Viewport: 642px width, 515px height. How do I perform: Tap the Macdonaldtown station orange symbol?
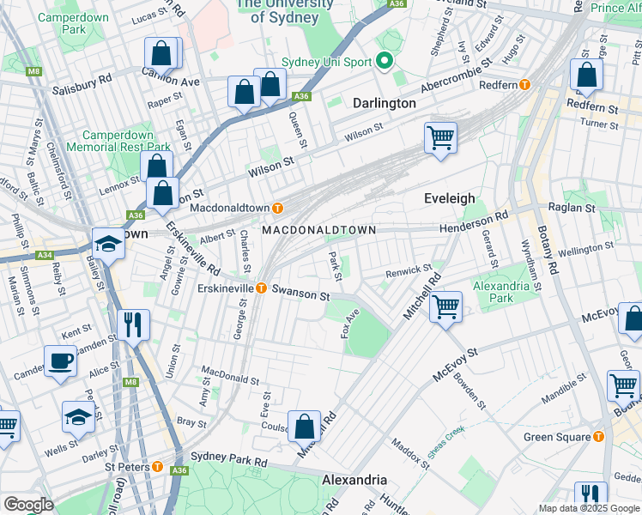pyautogui.click(x=277, y=208)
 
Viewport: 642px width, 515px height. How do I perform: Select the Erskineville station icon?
pyautogui.click(x=261, y=288)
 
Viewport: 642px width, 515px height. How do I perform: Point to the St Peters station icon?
pyautogui.click(x=158, y=466)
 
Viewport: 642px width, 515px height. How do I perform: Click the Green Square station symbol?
pyautogui.click(x=598, y=437)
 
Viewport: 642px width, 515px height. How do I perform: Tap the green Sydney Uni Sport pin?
pyautogui.click(x=385, y=62)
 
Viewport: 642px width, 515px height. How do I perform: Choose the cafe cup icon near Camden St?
pyautogui.click(x=60, y=362)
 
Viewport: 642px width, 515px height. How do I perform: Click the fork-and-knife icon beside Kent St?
pyautogui.click(x=132, y=324)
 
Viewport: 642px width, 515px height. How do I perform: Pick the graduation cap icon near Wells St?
pyautogui.click(x=77, y=417)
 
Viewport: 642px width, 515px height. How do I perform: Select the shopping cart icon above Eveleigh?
pyautogui.click(x=440, y=136)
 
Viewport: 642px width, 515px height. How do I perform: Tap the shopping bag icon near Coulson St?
pyautogui.click(x=305, y=426)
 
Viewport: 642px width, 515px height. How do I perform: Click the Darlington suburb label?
pyautogui.click(x=385, y=103)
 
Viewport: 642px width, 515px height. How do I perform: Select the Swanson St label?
pyautogui.click(x=301, y=295)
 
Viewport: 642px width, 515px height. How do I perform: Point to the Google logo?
pyautogui.click(x=29, y=505)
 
